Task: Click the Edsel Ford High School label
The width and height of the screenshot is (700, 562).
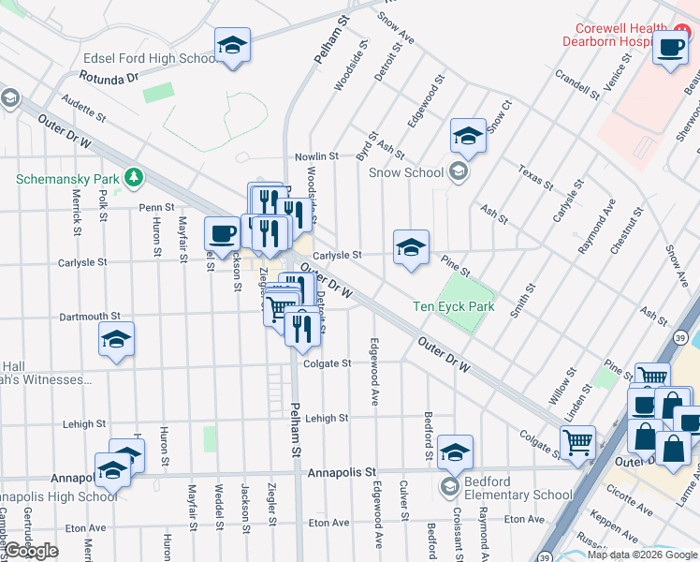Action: coord(150,58)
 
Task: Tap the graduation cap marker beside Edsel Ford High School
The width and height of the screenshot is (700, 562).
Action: coord(232,45)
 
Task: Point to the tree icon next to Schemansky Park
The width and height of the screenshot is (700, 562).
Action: coord(135,177)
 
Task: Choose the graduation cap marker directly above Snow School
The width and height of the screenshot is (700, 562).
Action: coord(467,137)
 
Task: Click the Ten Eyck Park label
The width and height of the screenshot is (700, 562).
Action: coord(454,306)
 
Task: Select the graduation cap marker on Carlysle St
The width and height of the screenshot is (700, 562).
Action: coord(410,247)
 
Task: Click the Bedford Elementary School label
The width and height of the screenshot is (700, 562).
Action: coord(518,495)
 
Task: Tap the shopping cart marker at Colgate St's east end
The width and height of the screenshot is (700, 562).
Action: coord(577,440)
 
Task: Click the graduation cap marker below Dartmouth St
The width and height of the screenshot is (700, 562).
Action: coord(116,340)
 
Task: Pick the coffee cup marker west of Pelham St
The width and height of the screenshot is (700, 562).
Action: coord(221,233)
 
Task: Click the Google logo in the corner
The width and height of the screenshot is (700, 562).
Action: coord(31,551)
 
